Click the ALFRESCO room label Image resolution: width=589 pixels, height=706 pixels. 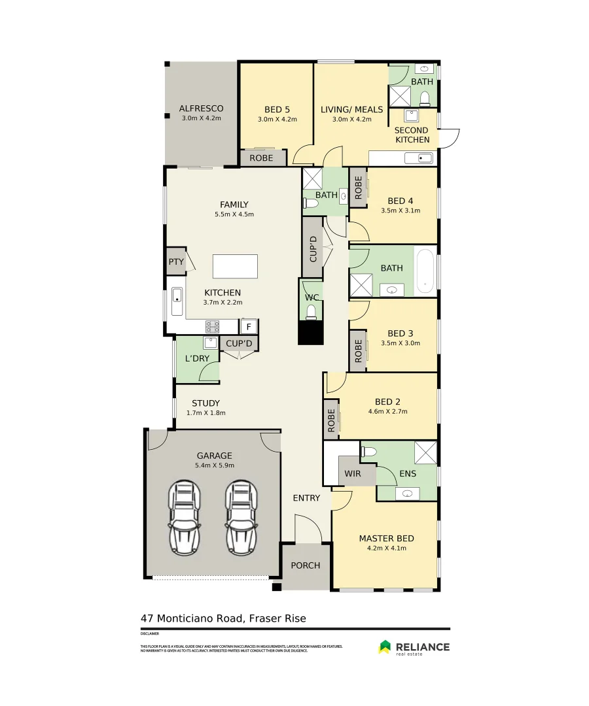click(x=202, y=109)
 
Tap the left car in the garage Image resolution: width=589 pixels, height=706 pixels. click(x=184, y=517)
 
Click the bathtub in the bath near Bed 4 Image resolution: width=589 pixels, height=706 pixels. click(x=425, y=270)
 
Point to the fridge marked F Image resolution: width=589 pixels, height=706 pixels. click(x=249, y=326)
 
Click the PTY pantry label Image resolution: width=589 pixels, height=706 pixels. click(x=175, y=261)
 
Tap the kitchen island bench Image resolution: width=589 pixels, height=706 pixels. click(x=235, y=267)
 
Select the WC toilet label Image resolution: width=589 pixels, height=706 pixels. click(x=312, y=297)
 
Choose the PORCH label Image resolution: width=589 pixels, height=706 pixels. click(x=306, y=565)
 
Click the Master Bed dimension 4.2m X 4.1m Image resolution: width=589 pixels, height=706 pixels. click(x=386, y=548)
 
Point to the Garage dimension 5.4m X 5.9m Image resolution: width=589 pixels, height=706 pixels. click(x=215, y=465)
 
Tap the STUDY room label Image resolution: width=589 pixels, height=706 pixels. click(x=205, y=403)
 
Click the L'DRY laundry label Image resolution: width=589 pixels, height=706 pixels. click(x=196, y=359)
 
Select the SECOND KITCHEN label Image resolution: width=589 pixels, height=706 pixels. click(x=412, y=135)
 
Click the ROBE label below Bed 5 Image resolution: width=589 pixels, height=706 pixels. click(x=262, y=158)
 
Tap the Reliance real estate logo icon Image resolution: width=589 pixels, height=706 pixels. click(x=385, y=647)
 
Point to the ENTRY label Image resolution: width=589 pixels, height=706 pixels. click(x=306, y=498)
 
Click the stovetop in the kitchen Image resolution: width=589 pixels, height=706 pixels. click(x=213, y=326)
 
